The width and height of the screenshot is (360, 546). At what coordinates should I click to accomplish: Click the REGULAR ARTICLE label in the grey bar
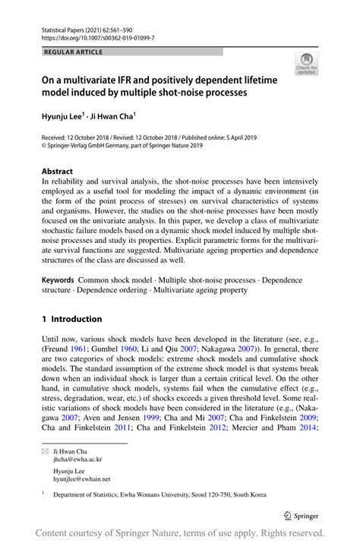[x=74, y=52]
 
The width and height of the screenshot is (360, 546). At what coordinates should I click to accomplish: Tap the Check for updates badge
[x=308, y=64]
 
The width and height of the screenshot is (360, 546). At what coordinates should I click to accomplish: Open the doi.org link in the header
[x=98, y=36]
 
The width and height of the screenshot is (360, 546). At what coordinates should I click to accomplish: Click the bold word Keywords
[x=58, y=280]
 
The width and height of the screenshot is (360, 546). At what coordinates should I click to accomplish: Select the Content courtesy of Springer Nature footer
[x=180, y=533]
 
